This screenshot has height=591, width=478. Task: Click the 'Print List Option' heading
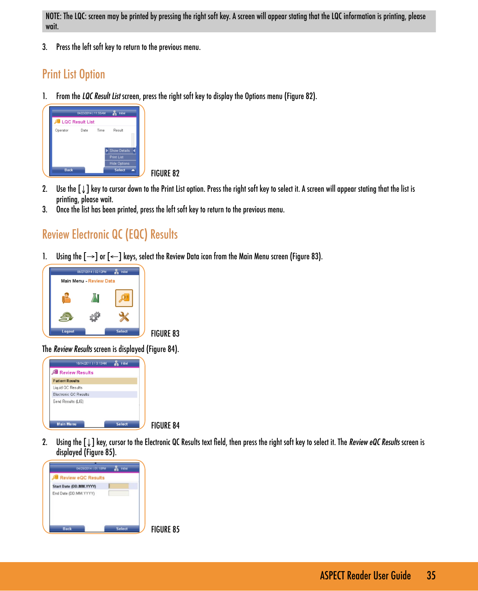click(73, 74)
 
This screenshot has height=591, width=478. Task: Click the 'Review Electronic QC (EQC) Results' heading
click(110, 235)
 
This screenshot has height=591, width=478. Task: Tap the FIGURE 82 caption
click(165, 173)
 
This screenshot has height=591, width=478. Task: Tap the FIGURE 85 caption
click(165, 529)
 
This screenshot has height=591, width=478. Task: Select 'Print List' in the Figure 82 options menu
click(117, 157)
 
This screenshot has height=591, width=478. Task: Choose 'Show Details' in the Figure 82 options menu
click(120, 150)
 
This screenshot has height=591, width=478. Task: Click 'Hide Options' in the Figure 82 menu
click(119, 164)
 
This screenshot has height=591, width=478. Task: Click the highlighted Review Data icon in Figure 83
click(124, 298)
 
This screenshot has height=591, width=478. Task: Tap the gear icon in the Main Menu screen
click(95, 317)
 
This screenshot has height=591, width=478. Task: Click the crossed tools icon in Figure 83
click(124, 317)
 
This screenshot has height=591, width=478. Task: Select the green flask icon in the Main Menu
click(95, 298)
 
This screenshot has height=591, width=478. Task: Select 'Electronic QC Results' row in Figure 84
click(71, 394)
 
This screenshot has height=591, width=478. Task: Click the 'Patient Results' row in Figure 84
click(66, 381)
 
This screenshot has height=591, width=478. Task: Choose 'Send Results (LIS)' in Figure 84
click(68, 402)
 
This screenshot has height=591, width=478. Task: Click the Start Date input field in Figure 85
click(119, 486)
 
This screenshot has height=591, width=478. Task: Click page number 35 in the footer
click(431, 576)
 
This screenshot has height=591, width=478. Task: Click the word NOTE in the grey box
click(53, 17)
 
